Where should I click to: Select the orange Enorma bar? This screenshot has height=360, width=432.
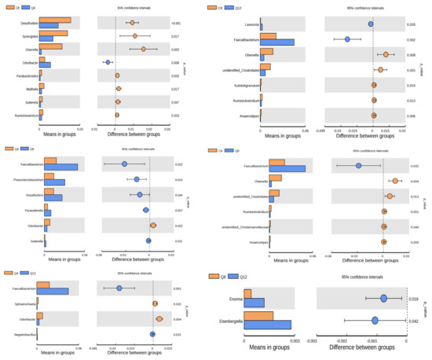click(x=247, y=294)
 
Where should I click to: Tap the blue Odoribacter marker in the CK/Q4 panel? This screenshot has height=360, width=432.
click(x=108, y=61)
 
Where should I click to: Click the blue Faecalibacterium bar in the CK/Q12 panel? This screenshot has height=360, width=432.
click(x=276, y=42)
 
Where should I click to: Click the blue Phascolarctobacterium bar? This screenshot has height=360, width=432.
click(x=54, y=182)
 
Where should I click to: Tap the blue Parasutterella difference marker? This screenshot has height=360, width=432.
click(x=146, y=210)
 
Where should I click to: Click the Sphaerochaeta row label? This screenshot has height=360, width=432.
click(x=24, y=303)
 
